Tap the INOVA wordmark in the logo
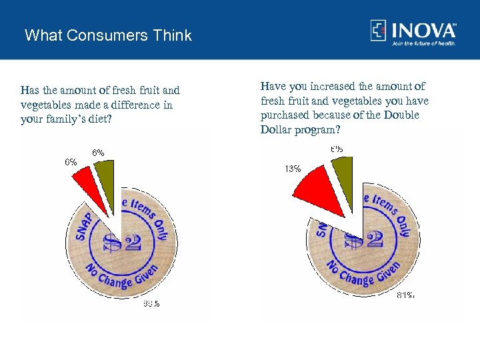pos(423,31)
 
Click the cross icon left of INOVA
pos(379,31)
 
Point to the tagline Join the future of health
pos(424,43)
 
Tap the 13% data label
pos(293,169)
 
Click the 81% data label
pos(405,295)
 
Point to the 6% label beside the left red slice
pos(71,161)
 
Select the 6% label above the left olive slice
pos(98,152)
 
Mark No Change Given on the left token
pos(120,276)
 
